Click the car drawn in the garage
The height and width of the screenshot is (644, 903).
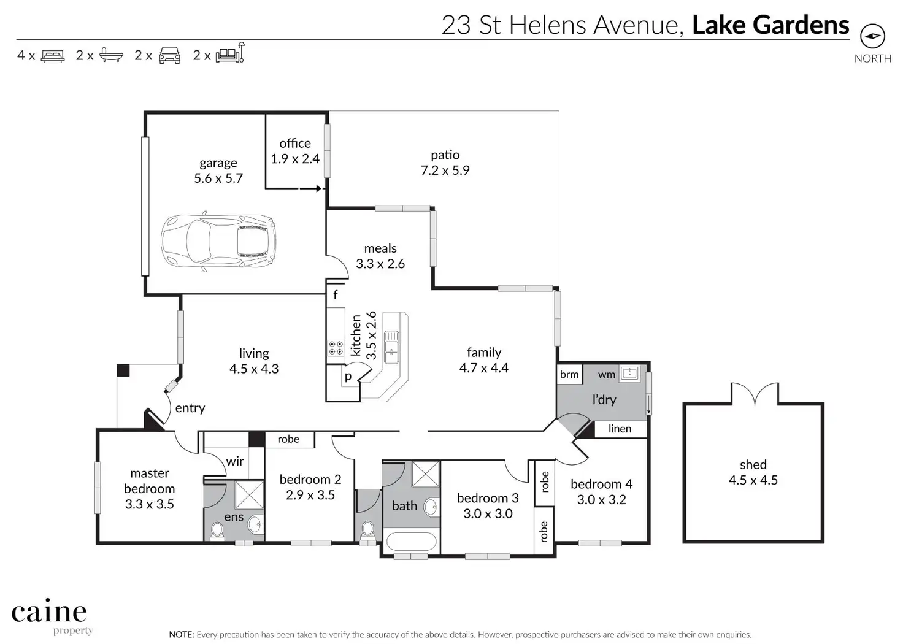point(219,242)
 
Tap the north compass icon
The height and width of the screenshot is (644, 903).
point(873,36)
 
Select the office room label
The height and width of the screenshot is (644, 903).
point(295,143)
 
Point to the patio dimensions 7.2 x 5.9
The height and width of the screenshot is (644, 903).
point(445,170)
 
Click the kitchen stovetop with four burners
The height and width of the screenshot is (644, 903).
point(336,348)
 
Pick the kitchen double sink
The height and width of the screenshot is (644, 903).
point(391,346)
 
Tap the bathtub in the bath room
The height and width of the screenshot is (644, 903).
point(411,541)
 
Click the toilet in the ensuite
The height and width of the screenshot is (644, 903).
point(217,531)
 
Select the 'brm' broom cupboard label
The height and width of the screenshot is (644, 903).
point(569,374)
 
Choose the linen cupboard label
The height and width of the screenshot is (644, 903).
point(620,428)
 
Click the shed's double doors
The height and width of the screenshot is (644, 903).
point(755,394)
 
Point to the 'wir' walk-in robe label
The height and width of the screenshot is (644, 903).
point(235,461)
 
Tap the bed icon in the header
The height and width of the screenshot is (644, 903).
point(53,56)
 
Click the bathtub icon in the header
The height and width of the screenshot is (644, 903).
point(111,55)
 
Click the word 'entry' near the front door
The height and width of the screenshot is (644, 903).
point(190,408)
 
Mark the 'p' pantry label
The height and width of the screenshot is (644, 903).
point(348,377)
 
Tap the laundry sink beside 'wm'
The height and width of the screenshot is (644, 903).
point(629,373)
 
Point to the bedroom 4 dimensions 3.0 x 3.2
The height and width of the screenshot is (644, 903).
point(601,500)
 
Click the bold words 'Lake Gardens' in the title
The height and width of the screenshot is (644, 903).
point(770,25)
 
